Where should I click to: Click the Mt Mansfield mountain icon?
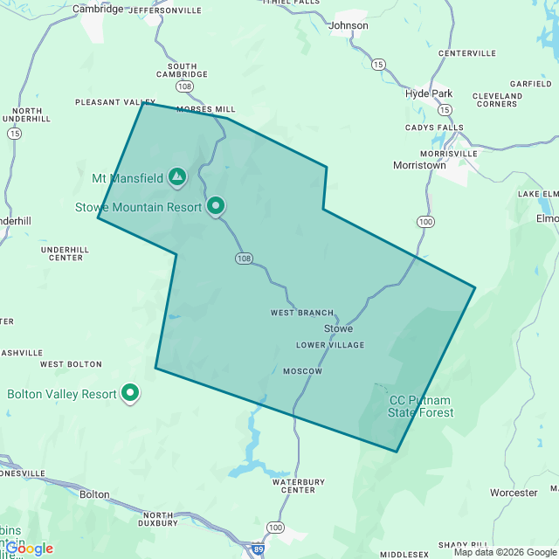coord(177,177)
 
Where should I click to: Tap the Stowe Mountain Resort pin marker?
coord(215,206)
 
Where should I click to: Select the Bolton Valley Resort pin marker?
coord(130,393)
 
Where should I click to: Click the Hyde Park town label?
coord(429,93)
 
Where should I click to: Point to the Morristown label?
coord(420,164)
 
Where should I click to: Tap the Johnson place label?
coord(349,25)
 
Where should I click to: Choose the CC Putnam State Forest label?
coord(421,406)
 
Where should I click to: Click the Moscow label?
coord(302,371)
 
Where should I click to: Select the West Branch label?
coord(302,313)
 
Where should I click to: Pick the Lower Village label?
coord(330,345)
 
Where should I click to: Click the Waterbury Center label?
coord(299,486)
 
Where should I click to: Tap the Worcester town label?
coord(514,493)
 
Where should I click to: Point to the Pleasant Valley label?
coord(114,102)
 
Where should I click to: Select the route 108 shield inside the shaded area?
coord(244,259)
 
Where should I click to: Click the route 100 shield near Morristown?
coord(425,222)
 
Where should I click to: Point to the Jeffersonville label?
coord(165,10)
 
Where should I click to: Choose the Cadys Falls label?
coord(434,128)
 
